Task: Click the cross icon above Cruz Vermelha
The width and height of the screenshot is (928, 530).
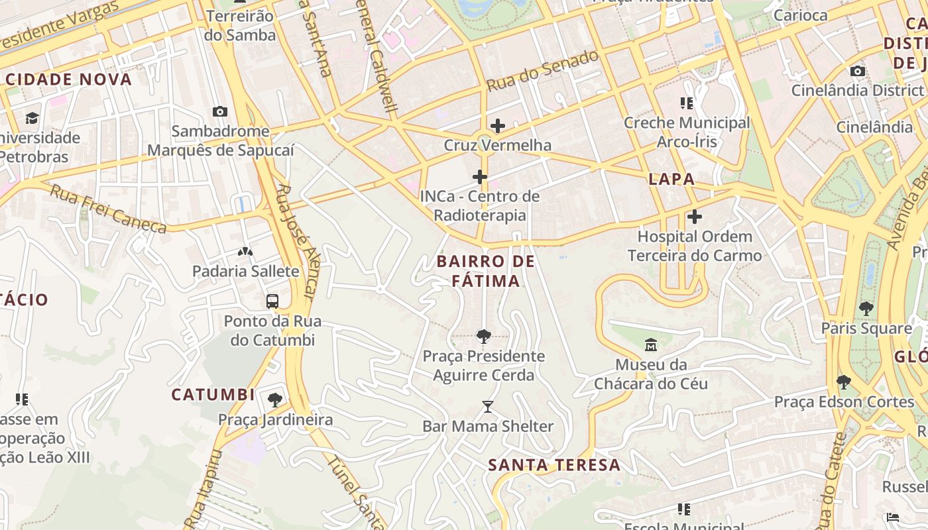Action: click(497, 125)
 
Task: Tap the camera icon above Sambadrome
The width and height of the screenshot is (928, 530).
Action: click(220, 111)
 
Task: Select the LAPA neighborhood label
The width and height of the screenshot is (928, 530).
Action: click(671, 179)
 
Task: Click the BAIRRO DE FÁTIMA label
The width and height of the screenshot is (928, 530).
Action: click(486, 271)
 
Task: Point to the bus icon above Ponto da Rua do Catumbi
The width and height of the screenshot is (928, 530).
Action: click(272, 301)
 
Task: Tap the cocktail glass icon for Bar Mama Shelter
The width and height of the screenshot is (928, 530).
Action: click(488, 406)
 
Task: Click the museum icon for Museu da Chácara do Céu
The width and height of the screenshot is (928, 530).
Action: click(650, 344)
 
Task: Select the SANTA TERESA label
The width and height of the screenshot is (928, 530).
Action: click(554, 465)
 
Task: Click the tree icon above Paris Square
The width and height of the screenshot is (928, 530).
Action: click(866, 308)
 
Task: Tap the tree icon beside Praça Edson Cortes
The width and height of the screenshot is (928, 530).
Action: click(843, 382)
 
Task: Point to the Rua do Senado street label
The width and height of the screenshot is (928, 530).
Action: click(542, 71)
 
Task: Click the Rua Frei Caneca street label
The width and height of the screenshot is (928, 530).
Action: click(108, 209)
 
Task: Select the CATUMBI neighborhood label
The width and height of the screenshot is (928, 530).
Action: click(213, 395)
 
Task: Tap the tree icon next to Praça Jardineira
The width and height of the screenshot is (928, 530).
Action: click(274, 399)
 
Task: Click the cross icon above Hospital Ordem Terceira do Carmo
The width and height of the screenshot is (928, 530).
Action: click(694, 217)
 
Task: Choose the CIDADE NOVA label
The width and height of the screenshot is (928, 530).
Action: click(68, 79)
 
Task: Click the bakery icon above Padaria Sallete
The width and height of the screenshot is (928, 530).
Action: click(245, 252)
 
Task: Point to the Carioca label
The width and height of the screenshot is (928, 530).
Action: click(800, 15)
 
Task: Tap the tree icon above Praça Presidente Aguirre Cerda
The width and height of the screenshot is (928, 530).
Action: click(484, 336)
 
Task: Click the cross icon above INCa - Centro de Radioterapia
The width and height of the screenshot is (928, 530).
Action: click(480, 177)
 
